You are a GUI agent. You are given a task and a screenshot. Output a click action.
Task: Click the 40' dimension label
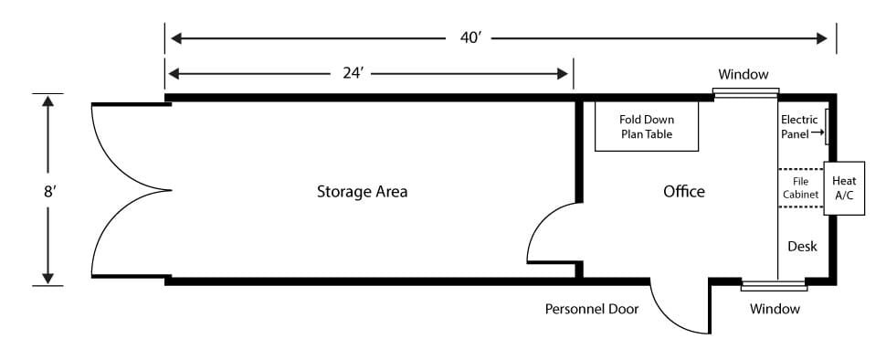(470, 38)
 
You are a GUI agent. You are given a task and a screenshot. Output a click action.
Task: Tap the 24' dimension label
(353, 73)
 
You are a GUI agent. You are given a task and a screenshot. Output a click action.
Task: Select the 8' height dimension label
(48, 191)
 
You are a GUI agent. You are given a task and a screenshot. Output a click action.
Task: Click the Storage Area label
(362, 192)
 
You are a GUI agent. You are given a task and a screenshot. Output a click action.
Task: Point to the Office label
(684, 192)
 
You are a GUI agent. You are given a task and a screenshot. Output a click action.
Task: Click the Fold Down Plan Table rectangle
(647, 126)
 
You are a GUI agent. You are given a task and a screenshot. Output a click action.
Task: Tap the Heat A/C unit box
(844, 188)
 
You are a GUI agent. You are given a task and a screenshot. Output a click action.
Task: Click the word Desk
(802, 247)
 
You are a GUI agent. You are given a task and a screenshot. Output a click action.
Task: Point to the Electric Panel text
(799, 127)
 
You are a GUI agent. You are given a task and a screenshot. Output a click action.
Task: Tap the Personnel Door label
(592, 309)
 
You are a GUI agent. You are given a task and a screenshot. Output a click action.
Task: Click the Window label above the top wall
(743, 74)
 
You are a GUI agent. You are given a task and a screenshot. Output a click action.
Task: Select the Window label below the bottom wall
(775, 309)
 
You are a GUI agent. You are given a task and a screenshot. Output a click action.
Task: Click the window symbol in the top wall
(745, 93)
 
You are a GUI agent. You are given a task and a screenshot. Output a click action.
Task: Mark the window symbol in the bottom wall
(775, 286)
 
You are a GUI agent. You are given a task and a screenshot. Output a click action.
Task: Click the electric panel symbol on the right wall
(826, 127)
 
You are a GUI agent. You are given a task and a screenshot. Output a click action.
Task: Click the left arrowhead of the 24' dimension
(174, 73)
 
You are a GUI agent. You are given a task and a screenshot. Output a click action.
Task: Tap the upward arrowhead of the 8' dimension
(48, 101)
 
